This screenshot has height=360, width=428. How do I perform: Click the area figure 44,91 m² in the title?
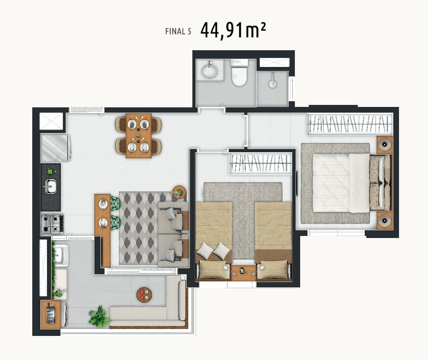click(233, 31)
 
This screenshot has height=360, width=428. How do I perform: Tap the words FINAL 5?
click(178, 31)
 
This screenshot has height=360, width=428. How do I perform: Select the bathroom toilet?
click(239, 73)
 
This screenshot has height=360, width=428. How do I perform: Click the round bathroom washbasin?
click(210, 71)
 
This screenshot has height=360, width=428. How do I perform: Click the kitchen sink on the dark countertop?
click(50, 186)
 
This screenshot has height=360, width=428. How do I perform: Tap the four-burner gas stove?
click(52, 224)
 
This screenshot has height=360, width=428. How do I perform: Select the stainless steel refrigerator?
click(56, 147)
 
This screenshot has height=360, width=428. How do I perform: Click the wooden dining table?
click(139, 136)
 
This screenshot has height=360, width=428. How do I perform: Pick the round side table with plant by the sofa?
click(179, 192)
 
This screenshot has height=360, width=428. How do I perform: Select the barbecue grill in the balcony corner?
click(51, 314)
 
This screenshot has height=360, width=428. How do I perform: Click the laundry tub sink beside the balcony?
click(61, 255)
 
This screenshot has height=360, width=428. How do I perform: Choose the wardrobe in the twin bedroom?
click(260, 163)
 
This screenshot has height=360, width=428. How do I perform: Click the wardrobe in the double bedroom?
click(350, 124)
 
